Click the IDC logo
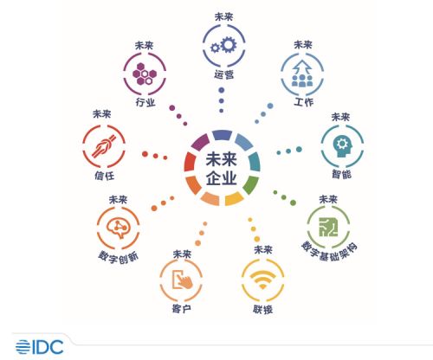[40, 347]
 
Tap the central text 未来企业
[222, 169]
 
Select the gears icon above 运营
[223, 45]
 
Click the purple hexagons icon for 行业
[145, 74]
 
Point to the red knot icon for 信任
[104, 146]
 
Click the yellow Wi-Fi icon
[262, 280]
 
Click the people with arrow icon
[302, 74]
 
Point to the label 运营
[223, 74]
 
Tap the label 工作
[303, 102]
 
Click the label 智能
[341, 174]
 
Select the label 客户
[181, 309]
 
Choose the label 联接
[262, 310]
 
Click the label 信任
[105, 176]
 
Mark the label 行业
[145, 102]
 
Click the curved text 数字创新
[119, 256]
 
